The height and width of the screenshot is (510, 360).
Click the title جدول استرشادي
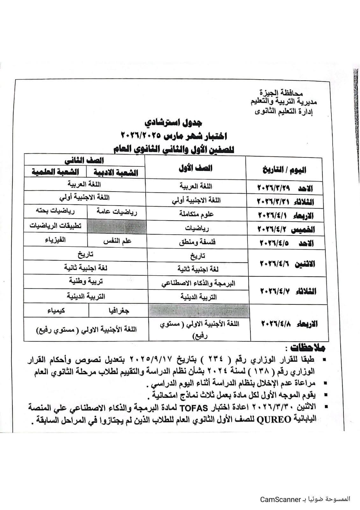pyautogui.click(x=174, y=123)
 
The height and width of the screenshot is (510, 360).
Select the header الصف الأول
pyautogui.click(x=195, y=168)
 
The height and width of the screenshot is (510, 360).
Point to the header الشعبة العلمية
pyautogui.click(x=55, y=172)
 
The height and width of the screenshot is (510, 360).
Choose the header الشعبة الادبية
pyautogui.click(x=116, y=172)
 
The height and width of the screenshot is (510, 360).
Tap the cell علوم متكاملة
pyautogui.click(x=196, y=214)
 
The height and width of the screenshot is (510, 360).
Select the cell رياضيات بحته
pyautogui.click(x=52, y=211)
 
